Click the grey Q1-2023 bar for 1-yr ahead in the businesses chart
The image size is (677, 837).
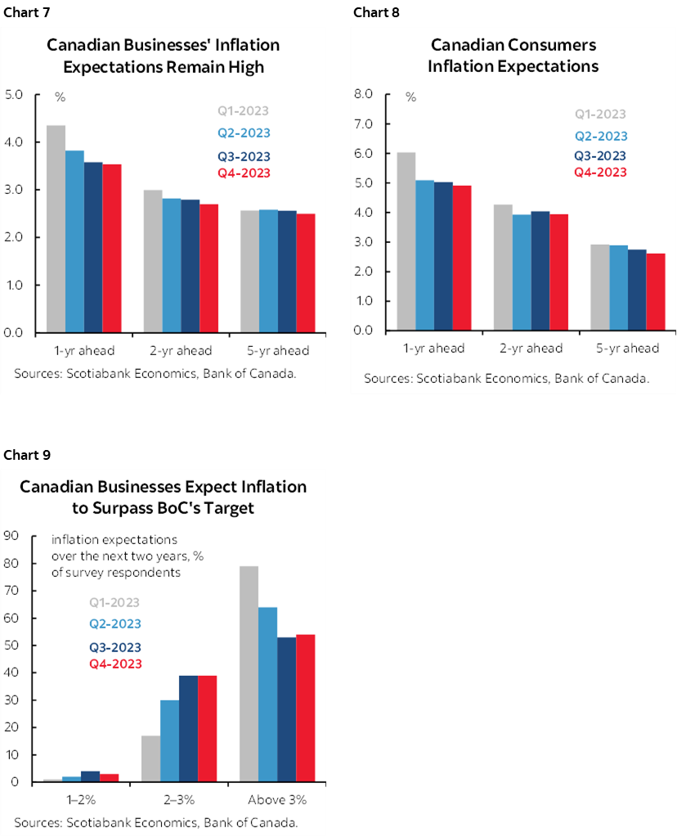pyautogui.click(x=56, y=229)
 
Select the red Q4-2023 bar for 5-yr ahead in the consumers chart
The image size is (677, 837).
pyautogui.click(x=656, y=292)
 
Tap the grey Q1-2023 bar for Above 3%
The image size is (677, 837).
pyautogui.click(x=249, y=673)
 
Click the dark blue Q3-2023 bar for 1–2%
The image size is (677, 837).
pyautogui.click(x=91, y=776)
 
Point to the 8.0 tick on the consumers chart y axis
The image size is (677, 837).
pyautogui.click(x=361, y=95)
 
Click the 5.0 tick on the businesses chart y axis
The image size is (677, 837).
pyautogui.click(x=14, y=95)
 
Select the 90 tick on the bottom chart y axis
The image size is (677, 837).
pyautogui.click(x=11, y=537)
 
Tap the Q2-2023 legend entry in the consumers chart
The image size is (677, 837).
pyautogui.click(x=601, y=137)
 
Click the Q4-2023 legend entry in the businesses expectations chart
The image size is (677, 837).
pyautogui.click(x=243, y=173)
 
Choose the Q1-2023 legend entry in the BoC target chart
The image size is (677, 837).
pyautogui.click(x=114, y=603)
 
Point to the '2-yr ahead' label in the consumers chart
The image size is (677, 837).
pyautogui.click(x=531, y=349)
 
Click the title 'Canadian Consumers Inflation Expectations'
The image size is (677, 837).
pyautogui.click(x=513, y=56)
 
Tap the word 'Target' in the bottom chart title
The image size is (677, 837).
pyautogui.click(x=226, y=508)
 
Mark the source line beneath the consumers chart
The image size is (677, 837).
pyautogui.click(x=506, y=378)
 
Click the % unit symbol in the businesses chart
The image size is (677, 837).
pyautogui.click(x=60, y=97)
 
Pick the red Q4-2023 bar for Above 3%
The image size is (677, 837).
pyautogui.click(x=305, y=708)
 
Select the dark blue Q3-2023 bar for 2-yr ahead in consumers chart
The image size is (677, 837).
pyautogui.click(x=540, y=271)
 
